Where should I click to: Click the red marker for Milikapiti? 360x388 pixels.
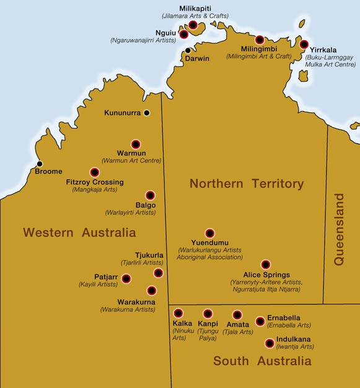click(x=193, y=25)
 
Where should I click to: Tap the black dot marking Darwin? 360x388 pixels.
click(x=187, y=51)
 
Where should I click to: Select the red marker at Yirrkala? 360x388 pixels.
click(x=304, y=44)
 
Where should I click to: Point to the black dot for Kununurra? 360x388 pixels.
click(x=147, y=113)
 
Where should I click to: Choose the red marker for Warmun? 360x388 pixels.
click(x=136, y=144)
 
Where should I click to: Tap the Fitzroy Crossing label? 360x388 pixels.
click(x=95, y=182)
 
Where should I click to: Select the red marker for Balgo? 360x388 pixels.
click(x=150, y=195)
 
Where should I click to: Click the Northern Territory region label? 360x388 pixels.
click(x=247, y=183)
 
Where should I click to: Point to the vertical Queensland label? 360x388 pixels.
click(x=339, y=229)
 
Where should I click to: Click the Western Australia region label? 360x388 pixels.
click(x=79, y=233)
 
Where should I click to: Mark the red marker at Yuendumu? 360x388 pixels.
click(x=209, y=233)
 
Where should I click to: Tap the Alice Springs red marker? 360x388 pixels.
click(x=265, y=265)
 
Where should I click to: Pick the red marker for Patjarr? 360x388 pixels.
click(x=126, y=279)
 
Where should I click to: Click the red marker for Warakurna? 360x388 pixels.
click(x=151, y=290)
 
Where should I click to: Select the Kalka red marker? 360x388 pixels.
click(x=178, y=313)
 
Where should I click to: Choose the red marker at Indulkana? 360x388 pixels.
click(x=269, y=343)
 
